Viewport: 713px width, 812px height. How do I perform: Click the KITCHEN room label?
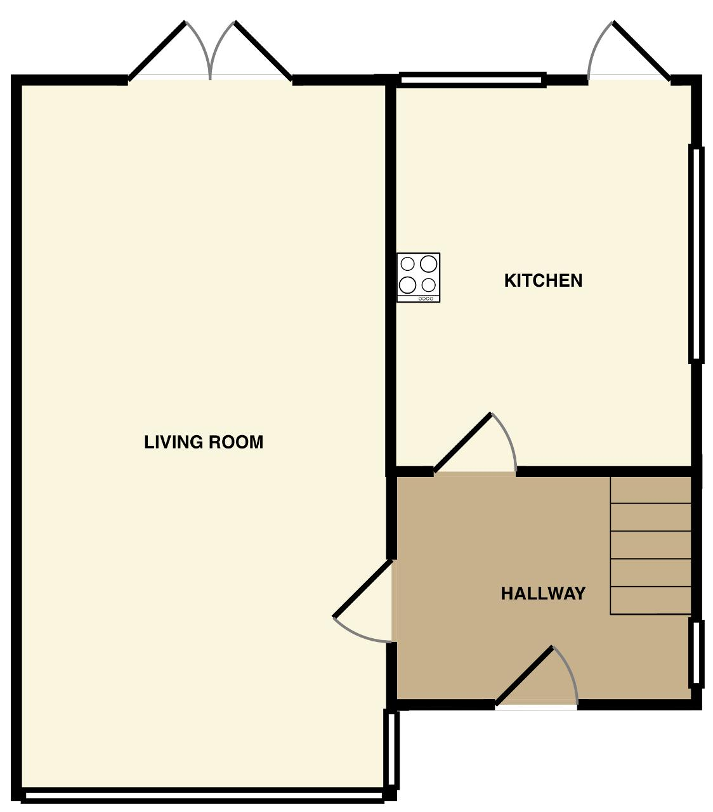click(x=543, y=280)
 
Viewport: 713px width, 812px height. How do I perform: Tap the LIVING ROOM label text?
click(x=204, y=442)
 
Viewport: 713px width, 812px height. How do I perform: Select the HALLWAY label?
click(x=543, y=594)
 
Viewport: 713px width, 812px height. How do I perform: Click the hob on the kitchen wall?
click(x=419, y=277)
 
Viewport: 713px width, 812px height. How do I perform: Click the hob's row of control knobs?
click(x=426, y=299)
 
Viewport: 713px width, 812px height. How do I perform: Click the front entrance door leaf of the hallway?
click(x=525, y=676)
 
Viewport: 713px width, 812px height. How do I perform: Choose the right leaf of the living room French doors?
click(x=263, y=50)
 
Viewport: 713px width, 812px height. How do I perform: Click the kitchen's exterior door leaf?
click(x=641, y=50)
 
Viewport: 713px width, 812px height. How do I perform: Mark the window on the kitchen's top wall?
click(x=473, y=80)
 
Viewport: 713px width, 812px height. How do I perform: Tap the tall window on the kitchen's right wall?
click(x=696, y=254)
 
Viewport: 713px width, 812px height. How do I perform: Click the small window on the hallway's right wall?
click(x=696, y=653)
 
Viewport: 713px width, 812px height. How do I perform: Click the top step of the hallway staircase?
click(x=650, y=490)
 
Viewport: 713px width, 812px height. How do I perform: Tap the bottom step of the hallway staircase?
click(x=650, y=600)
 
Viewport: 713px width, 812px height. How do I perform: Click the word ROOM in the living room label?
click(x=236, y=442)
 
